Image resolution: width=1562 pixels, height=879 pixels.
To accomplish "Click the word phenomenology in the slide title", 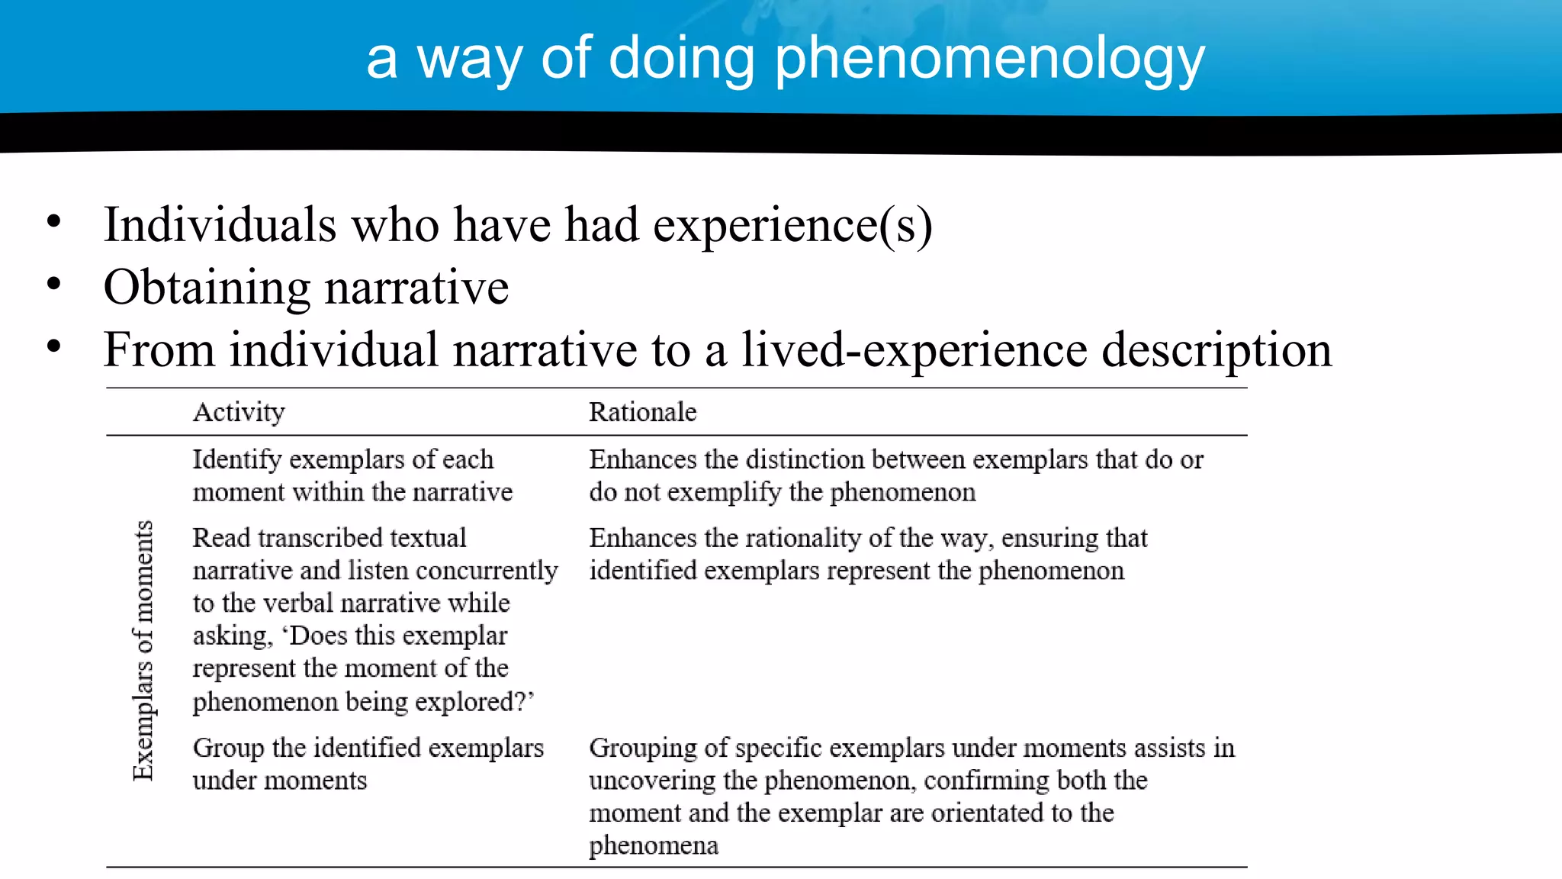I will pyautogui.click(x=989, y=60).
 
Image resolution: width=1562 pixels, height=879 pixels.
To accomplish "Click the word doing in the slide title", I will pyautogui.click(x=681, y=60).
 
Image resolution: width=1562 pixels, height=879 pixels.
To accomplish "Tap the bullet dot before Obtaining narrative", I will pyautogui.click(x=53, y=285).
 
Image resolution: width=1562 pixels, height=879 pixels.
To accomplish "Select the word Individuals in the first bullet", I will pyautogui.click(x=220, y=225).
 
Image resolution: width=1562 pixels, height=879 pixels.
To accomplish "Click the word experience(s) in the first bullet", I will pyautogui.click(x=792, y=225).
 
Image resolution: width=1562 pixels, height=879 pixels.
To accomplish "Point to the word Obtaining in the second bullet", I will pyautogui.click(x=207, y=288).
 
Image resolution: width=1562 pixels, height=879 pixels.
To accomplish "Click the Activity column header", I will pyautogui.click(x=239, y=412).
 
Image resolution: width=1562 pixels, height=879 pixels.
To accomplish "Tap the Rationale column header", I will pyautogui.click(x=642, y=412).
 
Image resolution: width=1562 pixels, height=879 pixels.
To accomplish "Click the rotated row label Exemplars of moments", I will pyautogui.click(x=143, y=650).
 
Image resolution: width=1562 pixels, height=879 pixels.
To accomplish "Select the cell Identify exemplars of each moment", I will pyautogui.click(x=352, y=475).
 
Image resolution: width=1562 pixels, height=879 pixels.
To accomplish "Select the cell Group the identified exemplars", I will pyautogui.click(x=368, y=764).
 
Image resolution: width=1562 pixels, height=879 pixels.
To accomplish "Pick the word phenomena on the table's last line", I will pyautogui.click(x=653, y=845).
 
